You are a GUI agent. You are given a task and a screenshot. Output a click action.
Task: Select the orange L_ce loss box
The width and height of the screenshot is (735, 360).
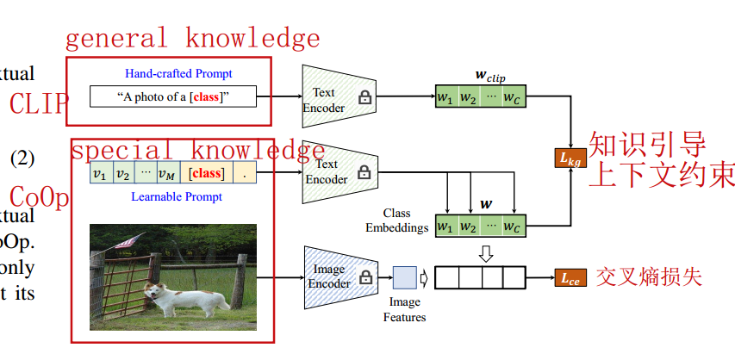click(x=568, y=277)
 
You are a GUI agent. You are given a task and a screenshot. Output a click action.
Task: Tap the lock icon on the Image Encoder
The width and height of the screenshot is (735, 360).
click(x=364, y=277)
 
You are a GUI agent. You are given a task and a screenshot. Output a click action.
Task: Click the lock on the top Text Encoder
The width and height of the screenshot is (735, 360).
click(x=364, y=98)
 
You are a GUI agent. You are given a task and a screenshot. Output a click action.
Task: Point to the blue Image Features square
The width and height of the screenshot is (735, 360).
click(x=404, y=277)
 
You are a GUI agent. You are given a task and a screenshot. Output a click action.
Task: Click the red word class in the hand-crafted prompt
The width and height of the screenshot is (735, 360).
click(x=205, y=97)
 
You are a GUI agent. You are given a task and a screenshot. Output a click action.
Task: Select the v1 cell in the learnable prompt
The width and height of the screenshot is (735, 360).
click(x=100, y=173)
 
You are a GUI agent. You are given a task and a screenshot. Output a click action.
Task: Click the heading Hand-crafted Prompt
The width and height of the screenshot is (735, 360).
click(x=178, y=73)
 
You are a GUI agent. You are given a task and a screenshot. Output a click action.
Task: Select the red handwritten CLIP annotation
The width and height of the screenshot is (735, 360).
click(x=38, y=103)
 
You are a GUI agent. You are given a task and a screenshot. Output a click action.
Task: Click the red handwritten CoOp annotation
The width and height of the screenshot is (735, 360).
click(x=38, y=197)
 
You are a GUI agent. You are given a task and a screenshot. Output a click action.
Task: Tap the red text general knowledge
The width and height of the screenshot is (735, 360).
click(x=192, y=39)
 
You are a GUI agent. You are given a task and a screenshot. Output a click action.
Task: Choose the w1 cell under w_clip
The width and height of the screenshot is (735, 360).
click(x=445, y=97)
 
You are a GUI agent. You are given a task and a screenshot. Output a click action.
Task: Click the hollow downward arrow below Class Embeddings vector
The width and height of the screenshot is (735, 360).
click(x=486, y=252)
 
